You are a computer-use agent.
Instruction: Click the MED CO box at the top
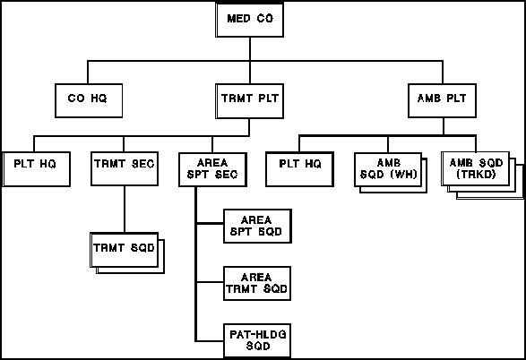click(x=250, y=20)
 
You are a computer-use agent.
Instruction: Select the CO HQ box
click(x=89, y=100)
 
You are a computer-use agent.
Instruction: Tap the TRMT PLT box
click(x=250, y=101)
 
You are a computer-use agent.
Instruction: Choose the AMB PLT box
click(x=442, y=100)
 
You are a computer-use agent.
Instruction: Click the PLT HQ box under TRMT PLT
click(x=36, y=169)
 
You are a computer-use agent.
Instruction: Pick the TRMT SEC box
click(x=125, y=168)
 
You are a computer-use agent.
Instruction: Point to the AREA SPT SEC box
click(x=212, y=169)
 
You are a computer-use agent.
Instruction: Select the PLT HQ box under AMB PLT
click(x=299, y=169)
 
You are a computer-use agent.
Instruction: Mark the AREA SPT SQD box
click(x=257, y=227)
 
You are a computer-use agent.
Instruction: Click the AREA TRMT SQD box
click(x=257, y=284)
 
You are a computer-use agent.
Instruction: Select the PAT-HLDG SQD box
click(x=257, y=341)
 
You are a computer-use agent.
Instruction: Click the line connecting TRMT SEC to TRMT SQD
click(x=125, y=210)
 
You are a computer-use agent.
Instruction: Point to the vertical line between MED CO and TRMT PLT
click(x=250, y=60)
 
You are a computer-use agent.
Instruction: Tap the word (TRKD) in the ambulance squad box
click(x=476, y=175)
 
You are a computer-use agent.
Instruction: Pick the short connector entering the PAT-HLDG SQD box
click(x=210, y=341)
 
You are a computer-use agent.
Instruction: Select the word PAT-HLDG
click(x=258, y=335)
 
